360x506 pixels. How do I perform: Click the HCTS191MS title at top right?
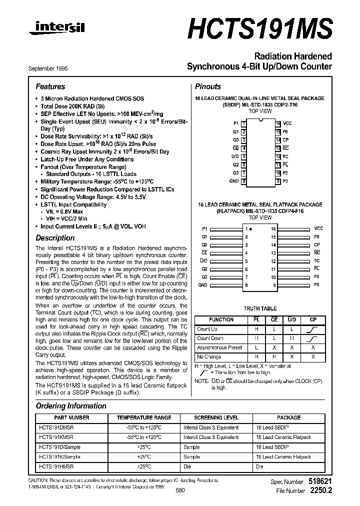coord(260,28)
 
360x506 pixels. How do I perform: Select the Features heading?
coord(50,86)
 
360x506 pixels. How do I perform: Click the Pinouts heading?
coord(207,86)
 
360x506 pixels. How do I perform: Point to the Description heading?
coord(55,238)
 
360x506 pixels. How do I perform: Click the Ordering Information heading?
coord(71,406)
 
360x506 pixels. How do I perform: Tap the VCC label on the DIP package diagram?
coord(287,123)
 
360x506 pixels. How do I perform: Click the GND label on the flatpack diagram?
coord(202,285)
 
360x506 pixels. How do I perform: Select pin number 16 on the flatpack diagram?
coord(273,228)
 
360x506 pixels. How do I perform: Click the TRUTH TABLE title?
coord(259,308)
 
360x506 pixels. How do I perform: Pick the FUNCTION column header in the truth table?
coord(221,319)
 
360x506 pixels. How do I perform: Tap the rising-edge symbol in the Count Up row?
coord(313,329)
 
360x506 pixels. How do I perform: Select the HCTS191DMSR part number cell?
coord(56,428)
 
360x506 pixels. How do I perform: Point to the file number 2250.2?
coord(321,491)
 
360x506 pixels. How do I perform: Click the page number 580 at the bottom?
coord(180,490)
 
